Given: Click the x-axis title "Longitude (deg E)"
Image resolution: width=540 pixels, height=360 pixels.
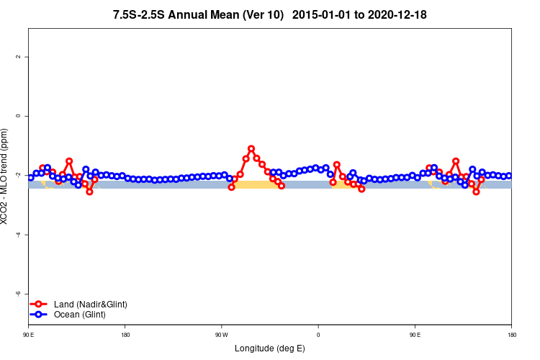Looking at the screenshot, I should (x=270, y=348).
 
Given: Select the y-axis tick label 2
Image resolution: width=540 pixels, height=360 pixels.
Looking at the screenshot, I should (x=18, y=57).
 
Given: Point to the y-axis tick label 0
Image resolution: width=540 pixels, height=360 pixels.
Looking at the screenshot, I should (x=18, y=116).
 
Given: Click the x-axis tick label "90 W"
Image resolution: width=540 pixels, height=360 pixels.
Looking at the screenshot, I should (x=221, y=334).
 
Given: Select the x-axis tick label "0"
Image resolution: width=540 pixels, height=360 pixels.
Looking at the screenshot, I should (x=318, y=334).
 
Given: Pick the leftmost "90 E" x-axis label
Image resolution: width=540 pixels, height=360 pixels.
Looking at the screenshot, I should (x=29, y=334).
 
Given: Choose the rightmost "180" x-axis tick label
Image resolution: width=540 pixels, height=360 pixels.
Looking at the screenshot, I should (x=511, y=334).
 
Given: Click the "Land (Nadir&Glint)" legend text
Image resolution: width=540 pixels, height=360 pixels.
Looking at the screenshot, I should (x=91, y=305).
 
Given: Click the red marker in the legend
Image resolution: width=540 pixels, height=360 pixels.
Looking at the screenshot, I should (x=40, y=305).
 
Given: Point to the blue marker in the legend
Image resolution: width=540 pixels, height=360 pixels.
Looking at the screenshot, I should (x=40, y=315).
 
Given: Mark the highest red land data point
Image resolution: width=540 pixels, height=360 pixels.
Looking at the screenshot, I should (x=251, y=148).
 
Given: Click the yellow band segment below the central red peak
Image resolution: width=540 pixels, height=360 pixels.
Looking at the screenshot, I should (x=256, y=185).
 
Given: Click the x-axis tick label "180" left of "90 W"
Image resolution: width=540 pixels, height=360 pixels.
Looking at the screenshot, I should (x=125, y=334).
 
